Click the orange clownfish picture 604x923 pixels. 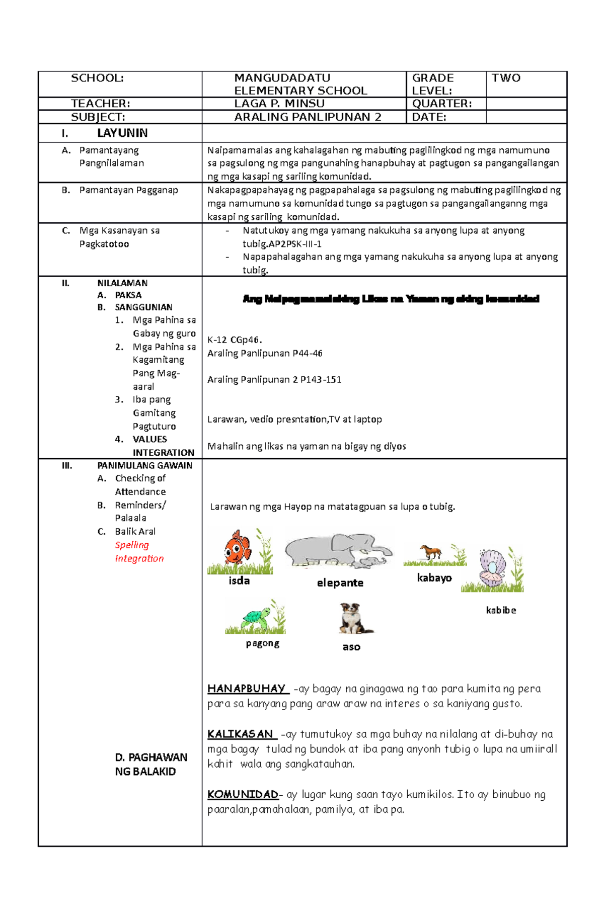(x=237, y=548)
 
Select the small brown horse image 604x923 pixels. (x=431, y=552)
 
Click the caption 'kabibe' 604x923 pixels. (x=501, y=610)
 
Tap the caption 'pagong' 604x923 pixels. (x=262, y=643)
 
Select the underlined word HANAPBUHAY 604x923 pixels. (x=247, y=688)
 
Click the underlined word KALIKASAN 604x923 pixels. (x=241, y=734)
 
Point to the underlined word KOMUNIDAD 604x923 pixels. (x=243, y=794)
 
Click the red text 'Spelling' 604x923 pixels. (x=132, y=545)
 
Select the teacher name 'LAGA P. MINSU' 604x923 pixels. (x=279, y=104)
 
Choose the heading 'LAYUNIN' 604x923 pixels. (x=122, y=133)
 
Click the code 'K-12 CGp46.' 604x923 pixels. (x=235, y=340)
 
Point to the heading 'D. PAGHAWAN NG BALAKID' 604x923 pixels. (x=150, y=764)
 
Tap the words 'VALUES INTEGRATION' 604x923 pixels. (x=163, y=446)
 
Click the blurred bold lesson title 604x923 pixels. (x=391, y=299)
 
